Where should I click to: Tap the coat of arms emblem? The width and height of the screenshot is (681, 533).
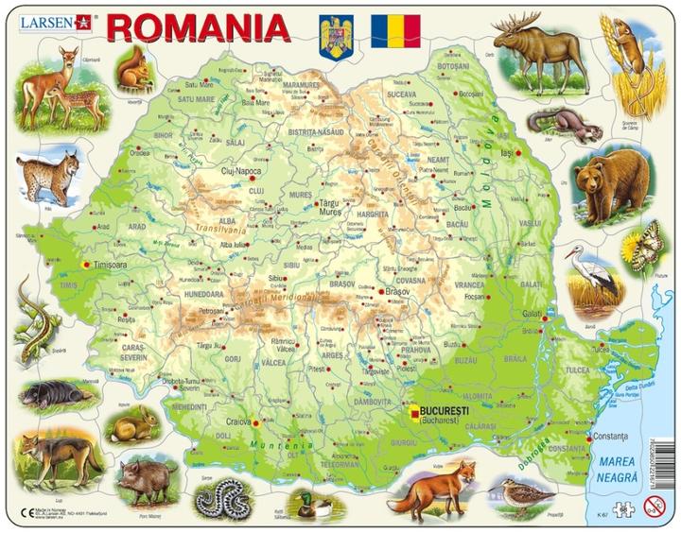pos(336,36)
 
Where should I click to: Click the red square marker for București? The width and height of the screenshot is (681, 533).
pos(414,411)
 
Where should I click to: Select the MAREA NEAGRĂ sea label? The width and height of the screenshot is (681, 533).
pos(621,469)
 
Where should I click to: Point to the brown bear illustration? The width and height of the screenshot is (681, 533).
pos(612,181)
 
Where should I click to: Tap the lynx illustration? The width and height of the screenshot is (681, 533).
pos(47,178)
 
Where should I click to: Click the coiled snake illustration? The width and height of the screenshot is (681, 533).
pos(228,495)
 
